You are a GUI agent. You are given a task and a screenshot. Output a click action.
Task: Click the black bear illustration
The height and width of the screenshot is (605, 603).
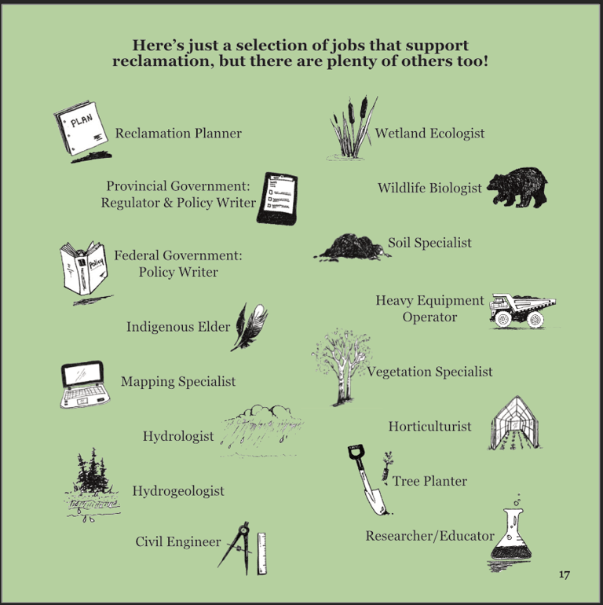tap(517, 188)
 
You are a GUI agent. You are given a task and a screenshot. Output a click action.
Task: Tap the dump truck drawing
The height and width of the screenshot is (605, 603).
tap(522, 311)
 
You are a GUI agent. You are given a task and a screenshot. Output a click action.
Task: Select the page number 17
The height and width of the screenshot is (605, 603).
tap(564, 574)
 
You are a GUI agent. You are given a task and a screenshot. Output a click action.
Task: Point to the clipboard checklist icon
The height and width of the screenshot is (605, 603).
tap(278, 199)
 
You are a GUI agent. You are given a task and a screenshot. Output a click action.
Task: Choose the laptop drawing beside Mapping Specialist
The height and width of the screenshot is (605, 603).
tap(84, 384)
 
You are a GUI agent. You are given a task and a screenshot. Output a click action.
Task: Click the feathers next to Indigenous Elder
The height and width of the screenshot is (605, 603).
tap(250, 327)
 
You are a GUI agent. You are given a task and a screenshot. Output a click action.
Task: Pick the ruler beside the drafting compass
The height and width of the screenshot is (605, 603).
tap(261, 554)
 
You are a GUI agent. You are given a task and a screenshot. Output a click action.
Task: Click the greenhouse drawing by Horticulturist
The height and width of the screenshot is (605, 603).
tap(515, 423)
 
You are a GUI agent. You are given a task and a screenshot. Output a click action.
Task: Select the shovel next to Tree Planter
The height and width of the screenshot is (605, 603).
tap(366, 479)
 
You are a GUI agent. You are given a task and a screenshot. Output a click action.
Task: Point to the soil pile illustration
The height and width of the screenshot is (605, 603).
tap(352, 247)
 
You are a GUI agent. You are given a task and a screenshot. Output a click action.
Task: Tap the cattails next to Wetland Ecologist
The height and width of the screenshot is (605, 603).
tap(352, 128)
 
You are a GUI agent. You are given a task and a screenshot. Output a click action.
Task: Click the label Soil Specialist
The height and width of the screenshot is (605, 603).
tap(429, 243)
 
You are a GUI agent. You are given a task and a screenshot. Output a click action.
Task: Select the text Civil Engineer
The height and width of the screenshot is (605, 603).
tap(178, 541)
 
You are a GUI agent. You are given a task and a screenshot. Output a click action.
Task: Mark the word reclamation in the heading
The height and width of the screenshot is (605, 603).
tap(162, 61)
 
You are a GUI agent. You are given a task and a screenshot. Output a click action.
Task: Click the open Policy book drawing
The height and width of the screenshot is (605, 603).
tap(85, 269)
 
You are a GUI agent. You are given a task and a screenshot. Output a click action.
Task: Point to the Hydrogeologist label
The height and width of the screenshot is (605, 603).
tap(178, 491)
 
